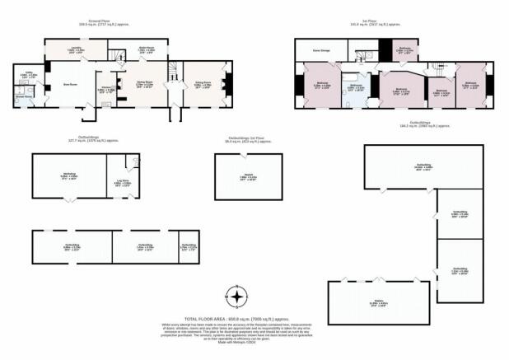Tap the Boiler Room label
point(147,50)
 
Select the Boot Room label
point(59,83)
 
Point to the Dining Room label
point(144,85)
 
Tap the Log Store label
point(120,175)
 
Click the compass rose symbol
point(236,297)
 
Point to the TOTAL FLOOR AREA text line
point(236,317)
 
